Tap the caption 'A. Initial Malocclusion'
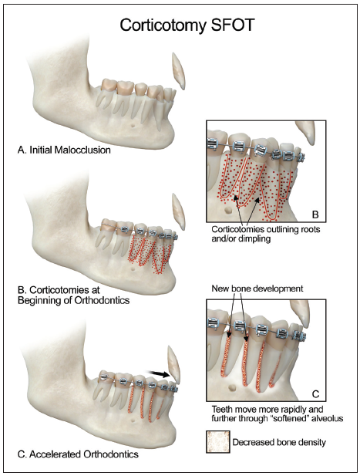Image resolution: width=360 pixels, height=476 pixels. tap(64, 150)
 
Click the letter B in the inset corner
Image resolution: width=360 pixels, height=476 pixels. tap(315, 214)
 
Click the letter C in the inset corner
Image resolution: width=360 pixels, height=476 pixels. tap(316, 394)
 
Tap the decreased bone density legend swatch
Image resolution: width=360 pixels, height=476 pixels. tap(218, 442)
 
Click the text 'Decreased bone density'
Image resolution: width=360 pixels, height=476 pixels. tap(279, 442)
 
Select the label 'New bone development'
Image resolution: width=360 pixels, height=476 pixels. tap(257, 288)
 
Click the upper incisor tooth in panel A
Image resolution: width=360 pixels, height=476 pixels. tap(178, 71)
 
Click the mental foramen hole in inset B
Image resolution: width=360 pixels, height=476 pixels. tap(227, 209)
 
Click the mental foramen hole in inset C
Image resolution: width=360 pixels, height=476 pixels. tap(232, 388)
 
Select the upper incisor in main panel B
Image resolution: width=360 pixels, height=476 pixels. tap(178, 212)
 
